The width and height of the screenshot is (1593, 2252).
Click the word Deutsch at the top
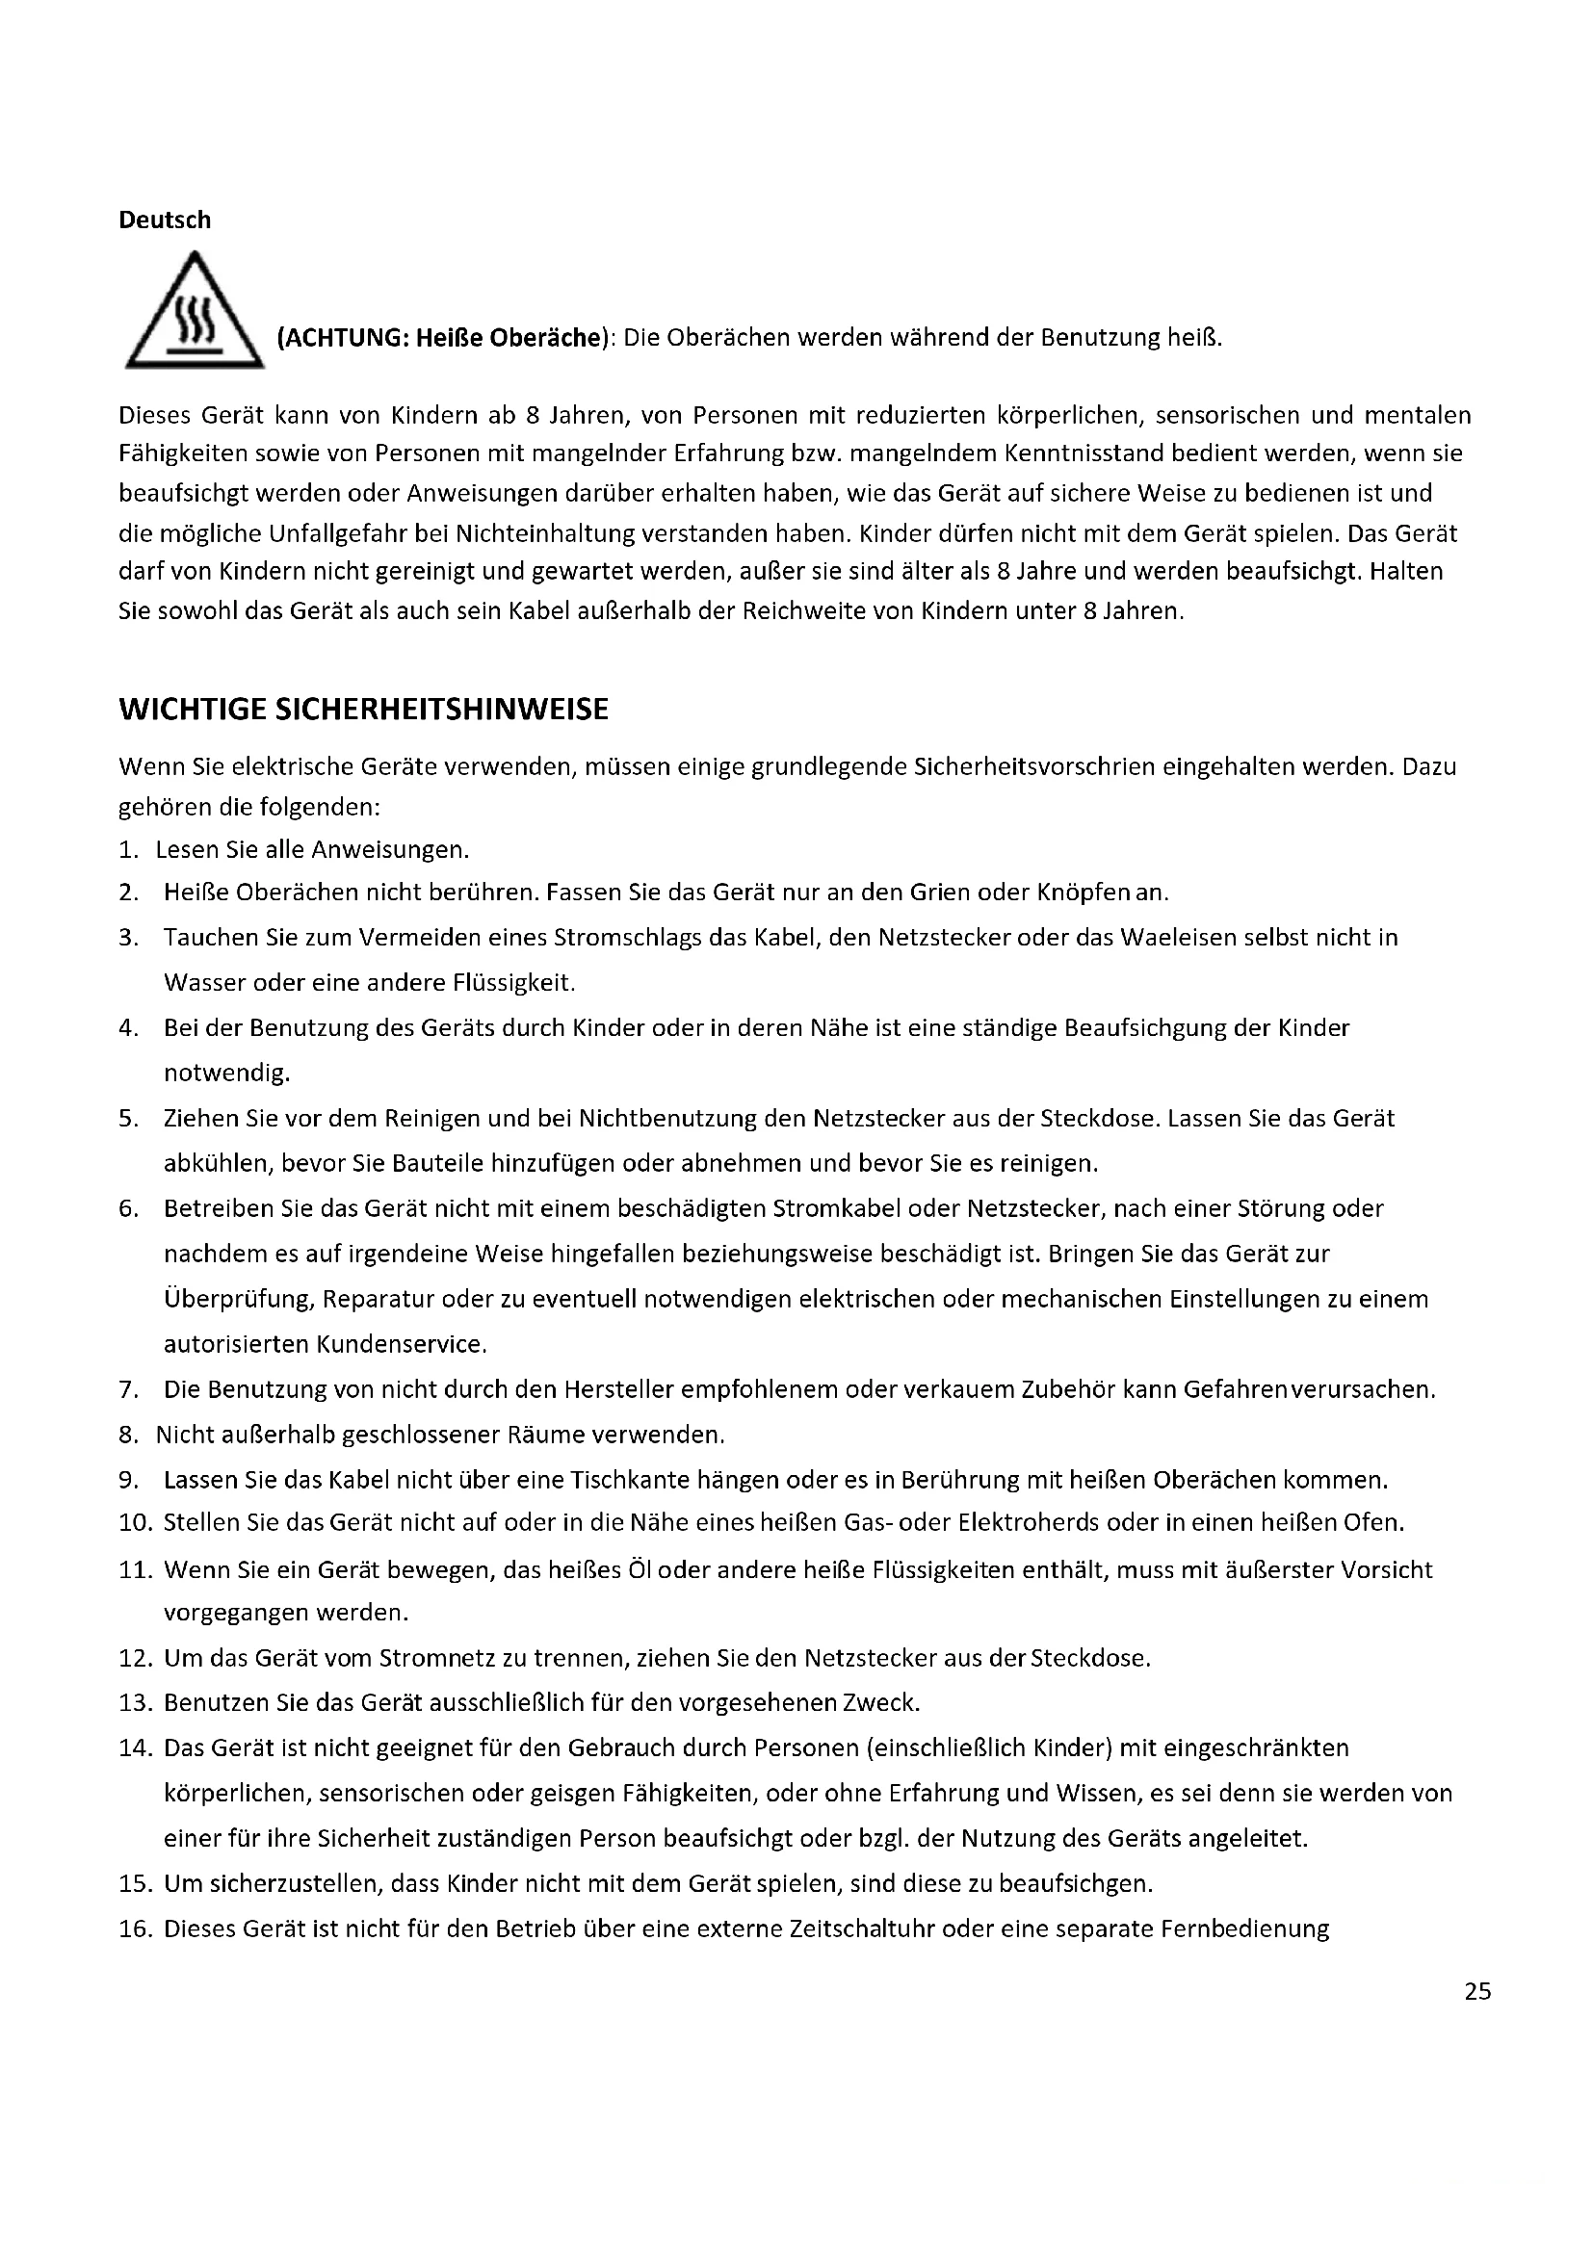coord(165,220)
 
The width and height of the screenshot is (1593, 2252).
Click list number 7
coord(127,1390)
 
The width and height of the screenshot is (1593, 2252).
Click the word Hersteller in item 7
coord(618,1390)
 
